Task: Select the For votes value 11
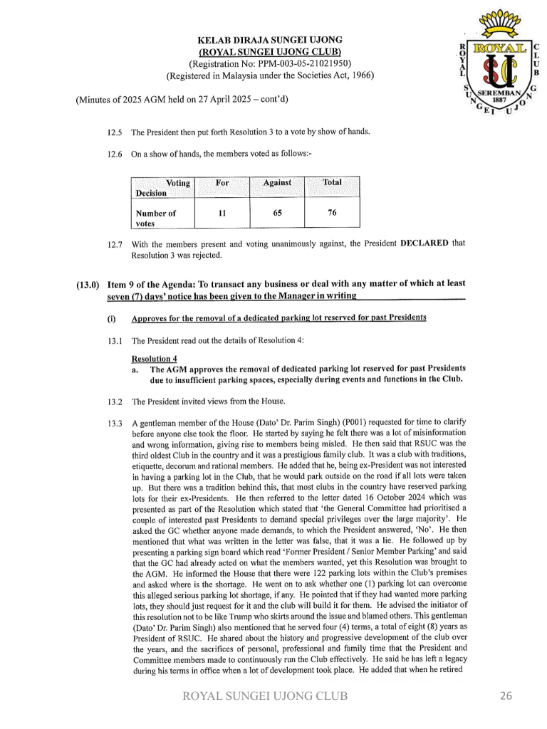(x=222, y=212)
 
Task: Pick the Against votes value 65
(x=277, y=212)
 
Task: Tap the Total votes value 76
(x=332, y=212)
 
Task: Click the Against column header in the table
(x=277, y=183)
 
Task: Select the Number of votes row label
(x=155, y=218)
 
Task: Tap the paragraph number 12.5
(x=115, y=132)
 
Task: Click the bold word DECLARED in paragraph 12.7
(x=424, y=243)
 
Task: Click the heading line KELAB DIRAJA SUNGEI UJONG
(x=271, y=39)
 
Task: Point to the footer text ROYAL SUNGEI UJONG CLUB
(x=266, y=696)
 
